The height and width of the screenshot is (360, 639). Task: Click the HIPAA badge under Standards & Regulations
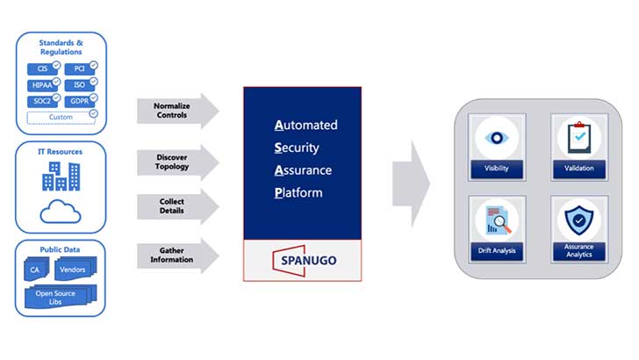[43, 85]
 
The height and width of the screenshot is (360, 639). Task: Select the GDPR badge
[80, 101]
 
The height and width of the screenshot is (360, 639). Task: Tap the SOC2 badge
[43, 101]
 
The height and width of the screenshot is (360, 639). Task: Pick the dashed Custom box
[61, 118]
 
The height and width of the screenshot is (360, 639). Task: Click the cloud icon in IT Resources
[61, 212]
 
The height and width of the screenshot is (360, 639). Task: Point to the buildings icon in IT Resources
[61, 176]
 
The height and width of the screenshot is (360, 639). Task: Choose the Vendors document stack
[75, 269]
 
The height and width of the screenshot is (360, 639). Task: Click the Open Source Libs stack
[61, 297]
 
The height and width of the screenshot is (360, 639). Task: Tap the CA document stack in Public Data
[36, 269]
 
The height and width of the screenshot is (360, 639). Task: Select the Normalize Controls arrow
[178, 111]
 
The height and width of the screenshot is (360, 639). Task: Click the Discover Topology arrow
[178, 162]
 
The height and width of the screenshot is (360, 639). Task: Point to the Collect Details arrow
[178, 206]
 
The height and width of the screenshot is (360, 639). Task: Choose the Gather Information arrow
[178, 256]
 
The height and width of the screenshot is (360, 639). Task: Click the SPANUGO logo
[305, 261]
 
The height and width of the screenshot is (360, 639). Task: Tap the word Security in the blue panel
[297, 148]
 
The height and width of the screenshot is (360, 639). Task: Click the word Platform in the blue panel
[298, 192]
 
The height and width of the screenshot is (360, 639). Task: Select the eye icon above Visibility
[497, 138]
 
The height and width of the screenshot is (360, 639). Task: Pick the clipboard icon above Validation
[579, 137]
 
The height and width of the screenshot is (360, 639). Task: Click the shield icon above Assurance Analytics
[578, 220]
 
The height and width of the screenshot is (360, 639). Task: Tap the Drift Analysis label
[497, 251]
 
